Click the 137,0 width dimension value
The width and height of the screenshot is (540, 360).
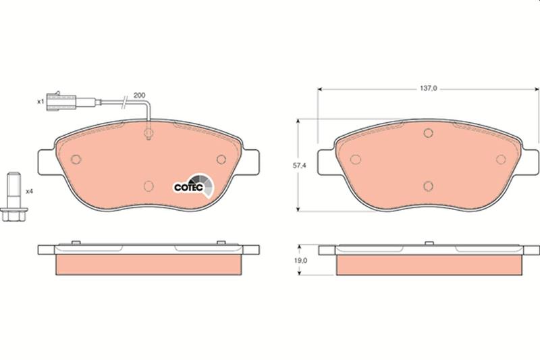(428, 88)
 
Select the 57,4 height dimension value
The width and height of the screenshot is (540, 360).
(299, 165)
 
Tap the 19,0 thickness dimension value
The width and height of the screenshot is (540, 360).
(300, 261)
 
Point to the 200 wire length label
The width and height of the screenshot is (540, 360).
(139, 95)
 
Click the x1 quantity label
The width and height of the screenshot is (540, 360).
(40, 101)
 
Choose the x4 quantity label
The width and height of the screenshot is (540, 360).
(29, 191)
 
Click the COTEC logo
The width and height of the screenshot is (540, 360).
(193, 186)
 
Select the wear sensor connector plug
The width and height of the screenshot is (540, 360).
(61, 101)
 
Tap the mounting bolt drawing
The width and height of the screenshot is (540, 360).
(14, 197)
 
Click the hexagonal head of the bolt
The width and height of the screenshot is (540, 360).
(14, 214)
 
